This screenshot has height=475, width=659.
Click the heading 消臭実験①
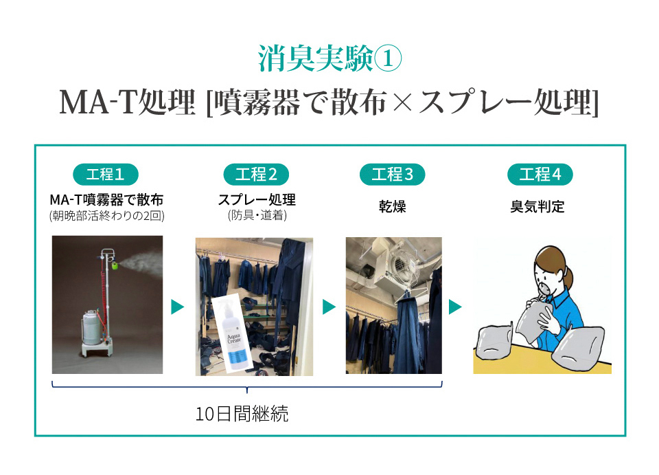point(329,59)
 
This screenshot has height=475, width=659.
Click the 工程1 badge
point(106,175)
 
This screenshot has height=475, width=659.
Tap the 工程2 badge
point(256,175)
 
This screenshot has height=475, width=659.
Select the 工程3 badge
point(393,175)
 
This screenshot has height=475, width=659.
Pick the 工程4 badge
point(540,175)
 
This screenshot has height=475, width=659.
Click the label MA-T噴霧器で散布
point(106,199)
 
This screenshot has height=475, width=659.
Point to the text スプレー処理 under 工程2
point(256,199)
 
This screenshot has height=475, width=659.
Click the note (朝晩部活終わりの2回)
point(106,216)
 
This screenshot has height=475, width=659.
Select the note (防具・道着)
point(256,216)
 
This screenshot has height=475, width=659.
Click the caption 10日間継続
point(242,415)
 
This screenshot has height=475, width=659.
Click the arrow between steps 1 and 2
point(178,307)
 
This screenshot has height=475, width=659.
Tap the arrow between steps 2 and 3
point(329,307)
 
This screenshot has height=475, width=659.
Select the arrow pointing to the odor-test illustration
point(455,307)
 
